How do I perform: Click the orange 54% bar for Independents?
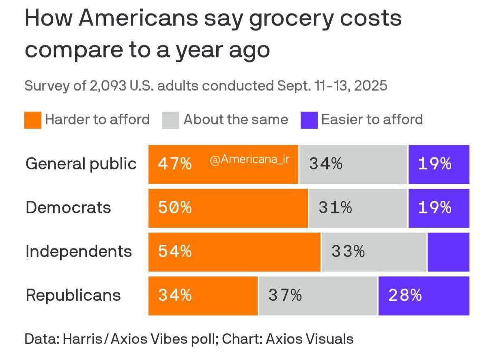(235, 252)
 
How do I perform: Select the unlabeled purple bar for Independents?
(448, 252)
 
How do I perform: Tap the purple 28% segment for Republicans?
(424, 295)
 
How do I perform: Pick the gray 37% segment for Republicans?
(318, 295)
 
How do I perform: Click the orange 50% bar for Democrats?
(228, 208)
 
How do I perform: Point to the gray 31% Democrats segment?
(358, 208)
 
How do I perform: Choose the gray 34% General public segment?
(353, 164)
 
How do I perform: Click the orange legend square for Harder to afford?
(33, 120)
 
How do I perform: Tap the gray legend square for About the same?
(171, 120)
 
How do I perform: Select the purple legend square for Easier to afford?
(309, 120)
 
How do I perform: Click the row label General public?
(81, 164)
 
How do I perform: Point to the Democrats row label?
(68, 208)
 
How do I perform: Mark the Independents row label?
(79, 252)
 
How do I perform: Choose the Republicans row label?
(73, 295)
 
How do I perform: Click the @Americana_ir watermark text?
(250, 160)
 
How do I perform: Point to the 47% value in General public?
(175, 164)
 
